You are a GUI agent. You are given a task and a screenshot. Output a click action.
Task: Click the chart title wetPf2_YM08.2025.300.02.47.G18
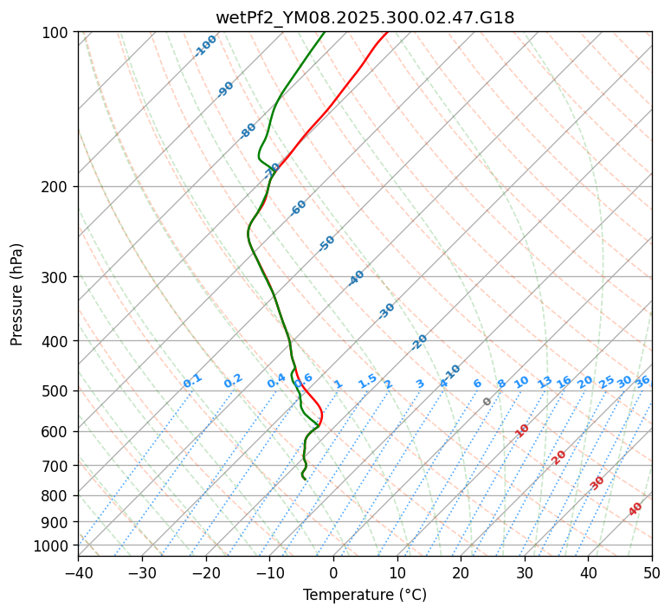365,17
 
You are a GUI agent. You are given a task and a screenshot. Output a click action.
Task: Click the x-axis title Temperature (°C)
365,596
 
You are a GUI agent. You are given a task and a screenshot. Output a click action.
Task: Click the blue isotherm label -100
205,45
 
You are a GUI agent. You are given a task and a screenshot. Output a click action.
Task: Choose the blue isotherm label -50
326,243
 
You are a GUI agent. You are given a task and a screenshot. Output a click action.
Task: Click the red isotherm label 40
636,509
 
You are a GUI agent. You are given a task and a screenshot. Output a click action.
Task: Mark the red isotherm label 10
522,430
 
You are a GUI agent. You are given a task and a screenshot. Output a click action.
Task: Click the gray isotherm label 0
487,402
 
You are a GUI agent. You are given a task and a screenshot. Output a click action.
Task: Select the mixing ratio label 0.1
192,380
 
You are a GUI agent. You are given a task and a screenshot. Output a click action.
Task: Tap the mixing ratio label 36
642,381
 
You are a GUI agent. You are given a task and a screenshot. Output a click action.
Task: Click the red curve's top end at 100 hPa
386,33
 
